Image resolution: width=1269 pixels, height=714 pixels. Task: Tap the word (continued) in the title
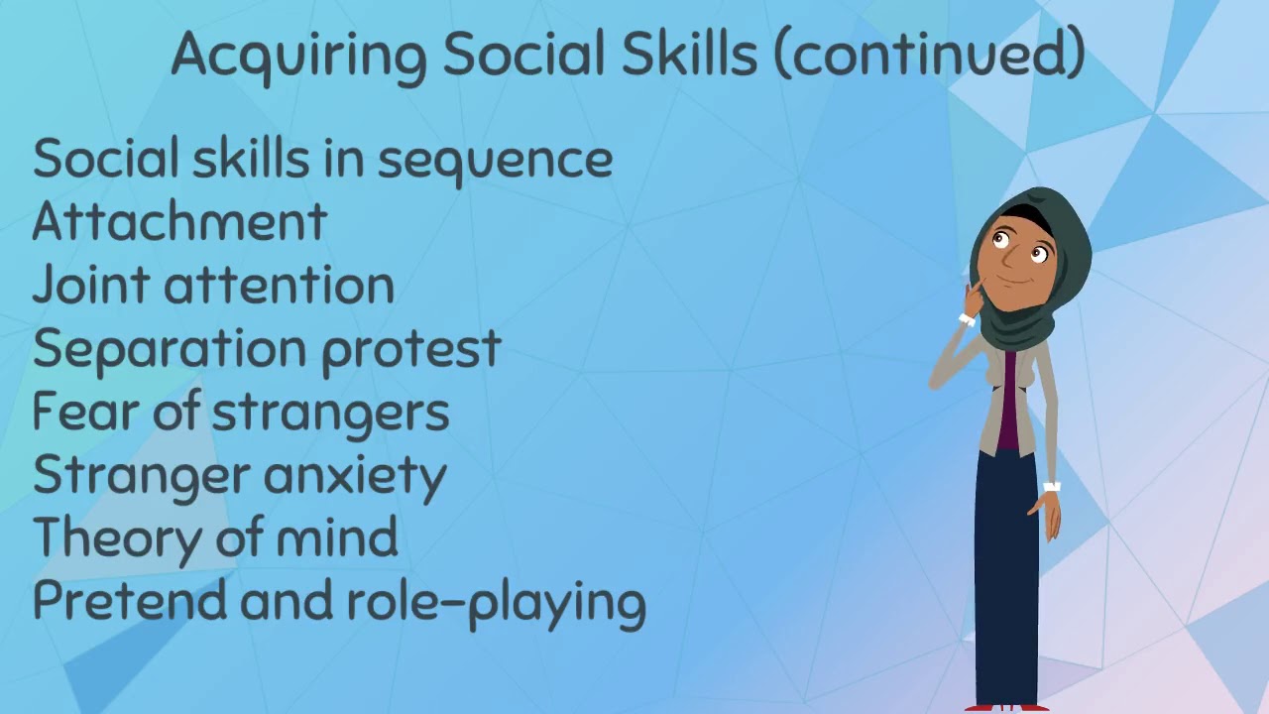point(928,54)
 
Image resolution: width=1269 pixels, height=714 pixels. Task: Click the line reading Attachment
point(179,222)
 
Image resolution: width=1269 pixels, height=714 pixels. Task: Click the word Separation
point(168,349)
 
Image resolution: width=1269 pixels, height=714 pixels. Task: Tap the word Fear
point(84,412)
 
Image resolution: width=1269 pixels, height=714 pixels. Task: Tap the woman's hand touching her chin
point(975,296)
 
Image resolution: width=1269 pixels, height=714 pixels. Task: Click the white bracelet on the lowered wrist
point(1052,487)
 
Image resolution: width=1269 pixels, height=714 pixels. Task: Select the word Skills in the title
point(698,54)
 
